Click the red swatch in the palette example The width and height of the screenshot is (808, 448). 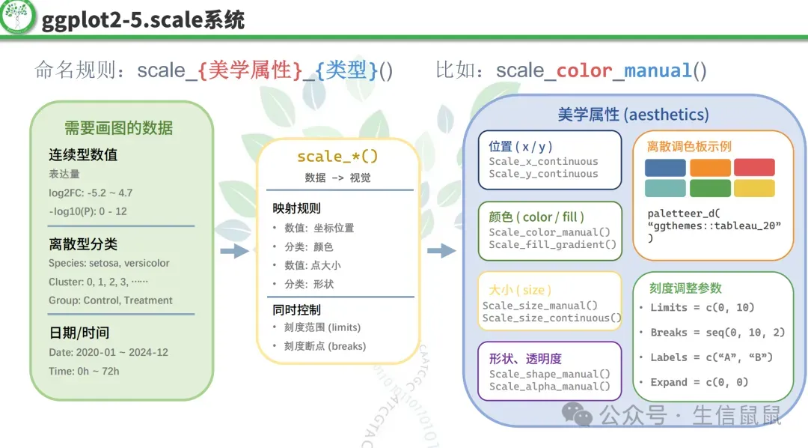click(754, 167)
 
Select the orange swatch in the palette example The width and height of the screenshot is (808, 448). click(710, 167)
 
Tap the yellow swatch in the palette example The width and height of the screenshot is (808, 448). click(754, 188)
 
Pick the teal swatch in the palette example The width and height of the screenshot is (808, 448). click(665, 188)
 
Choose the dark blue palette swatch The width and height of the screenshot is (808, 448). click(665, 167)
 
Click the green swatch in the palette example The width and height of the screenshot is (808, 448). click(710, 188)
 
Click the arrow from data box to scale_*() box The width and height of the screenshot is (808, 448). click(235, 251)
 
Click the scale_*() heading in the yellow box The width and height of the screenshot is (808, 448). click(337, 157)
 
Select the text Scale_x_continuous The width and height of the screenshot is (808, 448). click(543, 161)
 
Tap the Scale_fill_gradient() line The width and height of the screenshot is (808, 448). click(552, 244)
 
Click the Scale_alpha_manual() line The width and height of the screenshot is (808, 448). click(549, 387)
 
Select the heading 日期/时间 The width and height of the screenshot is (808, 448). click(79, 333)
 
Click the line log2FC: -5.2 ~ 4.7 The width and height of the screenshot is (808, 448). click(91, 193)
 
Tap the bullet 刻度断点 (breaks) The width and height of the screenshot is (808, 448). click(325, 346)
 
